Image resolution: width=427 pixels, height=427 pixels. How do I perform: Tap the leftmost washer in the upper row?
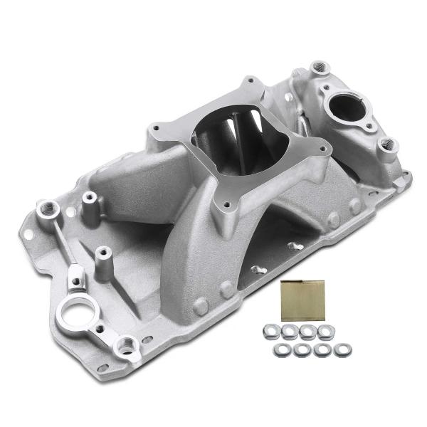pos(270,330)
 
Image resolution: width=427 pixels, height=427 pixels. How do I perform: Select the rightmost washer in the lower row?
pos(343,349)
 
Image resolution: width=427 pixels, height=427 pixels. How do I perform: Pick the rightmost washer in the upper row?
pos(326,331)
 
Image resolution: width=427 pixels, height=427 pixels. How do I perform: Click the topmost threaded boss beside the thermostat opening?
pos(320,68)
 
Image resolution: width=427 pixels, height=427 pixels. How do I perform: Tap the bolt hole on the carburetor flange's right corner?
pos(325,149)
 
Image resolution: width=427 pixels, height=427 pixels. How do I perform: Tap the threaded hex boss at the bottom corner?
pos(127,347)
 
